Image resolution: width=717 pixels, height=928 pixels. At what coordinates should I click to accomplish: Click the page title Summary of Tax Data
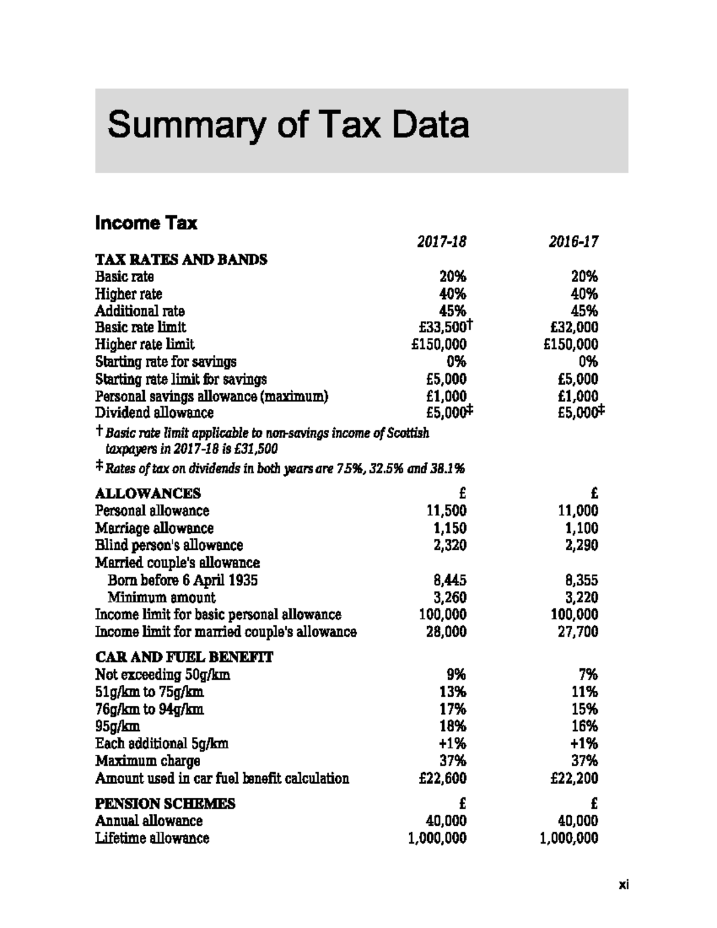coord(288,125)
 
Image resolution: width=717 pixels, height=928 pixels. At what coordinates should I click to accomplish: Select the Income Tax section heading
coord(146,223)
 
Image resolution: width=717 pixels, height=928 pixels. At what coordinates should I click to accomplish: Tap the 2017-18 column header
coord(441,241)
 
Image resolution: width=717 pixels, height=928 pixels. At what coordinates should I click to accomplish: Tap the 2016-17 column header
coord(573,241)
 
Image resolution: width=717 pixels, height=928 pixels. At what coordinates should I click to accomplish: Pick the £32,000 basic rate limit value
coord(574,327)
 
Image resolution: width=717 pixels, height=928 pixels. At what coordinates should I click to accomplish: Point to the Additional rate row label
coord(140,311)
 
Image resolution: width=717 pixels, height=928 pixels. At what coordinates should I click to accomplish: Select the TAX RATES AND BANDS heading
coord(181,259)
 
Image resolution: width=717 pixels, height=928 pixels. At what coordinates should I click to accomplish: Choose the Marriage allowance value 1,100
coord(581,528)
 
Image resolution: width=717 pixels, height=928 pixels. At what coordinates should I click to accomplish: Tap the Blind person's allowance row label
coord(169,545)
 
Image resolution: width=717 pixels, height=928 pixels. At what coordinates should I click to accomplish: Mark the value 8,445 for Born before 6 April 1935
coord(449,580)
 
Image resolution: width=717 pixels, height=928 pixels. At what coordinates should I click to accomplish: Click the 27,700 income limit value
coord(578,632)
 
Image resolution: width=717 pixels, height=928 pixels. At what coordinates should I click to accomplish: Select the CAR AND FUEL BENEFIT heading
coord(184,657)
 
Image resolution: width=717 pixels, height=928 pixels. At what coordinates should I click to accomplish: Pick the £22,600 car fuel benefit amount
coord(442,778)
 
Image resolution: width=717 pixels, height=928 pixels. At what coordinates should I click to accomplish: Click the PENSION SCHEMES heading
coord(166,804)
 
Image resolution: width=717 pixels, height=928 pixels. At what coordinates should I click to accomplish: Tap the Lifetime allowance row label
coord(152,838)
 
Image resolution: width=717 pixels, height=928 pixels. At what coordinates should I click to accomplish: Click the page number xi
coord(623,885)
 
